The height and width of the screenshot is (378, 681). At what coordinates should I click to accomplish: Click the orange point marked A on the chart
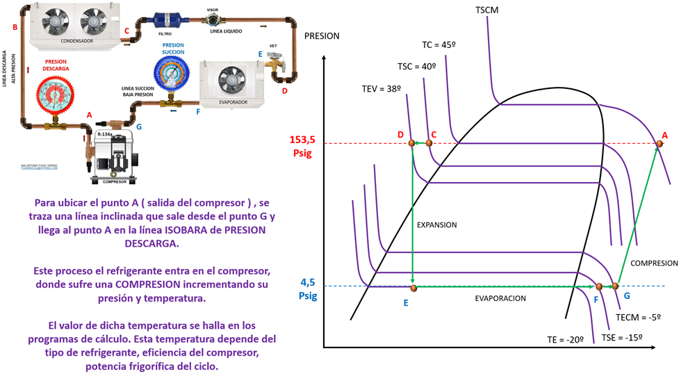point(659,144)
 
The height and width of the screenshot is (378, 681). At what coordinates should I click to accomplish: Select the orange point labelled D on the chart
point(411,143)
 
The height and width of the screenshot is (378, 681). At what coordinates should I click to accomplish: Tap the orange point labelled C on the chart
point(428,143)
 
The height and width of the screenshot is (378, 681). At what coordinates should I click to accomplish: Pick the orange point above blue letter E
point(413,287)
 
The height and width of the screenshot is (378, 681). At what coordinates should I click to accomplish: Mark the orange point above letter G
point(614,286)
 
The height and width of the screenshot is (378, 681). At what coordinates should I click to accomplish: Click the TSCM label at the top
point(487,10)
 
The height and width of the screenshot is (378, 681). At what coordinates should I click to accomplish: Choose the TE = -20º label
point(564,340)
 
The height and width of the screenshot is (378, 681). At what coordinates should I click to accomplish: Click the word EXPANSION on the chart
point(436,225)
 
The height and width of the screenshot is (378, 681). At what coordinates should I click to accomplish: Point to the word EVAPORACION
point(500,298)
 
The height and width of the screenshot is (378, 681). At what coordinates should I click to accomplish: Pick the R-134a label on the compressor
point(105,134)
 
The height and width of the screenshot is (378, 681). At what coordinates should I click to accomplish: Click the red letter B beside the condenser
point(15,27)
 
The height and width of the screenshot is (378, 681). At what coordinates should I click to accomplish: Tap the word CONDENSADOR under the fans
point(76,41)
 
